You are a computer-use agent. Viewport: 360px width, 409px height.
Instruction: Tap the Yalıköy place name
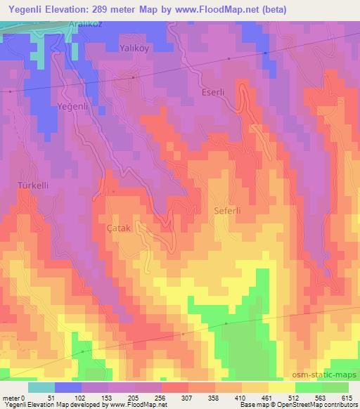[136, 50]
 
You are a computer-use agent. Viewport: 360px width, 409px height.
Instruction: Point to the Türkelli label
[33, 185]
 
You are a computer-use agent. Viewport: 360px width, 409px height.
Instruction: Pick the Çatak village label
[118, 229]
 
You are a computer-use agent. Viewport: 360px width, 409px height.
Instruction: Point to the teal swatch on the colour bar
[41, 388]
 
